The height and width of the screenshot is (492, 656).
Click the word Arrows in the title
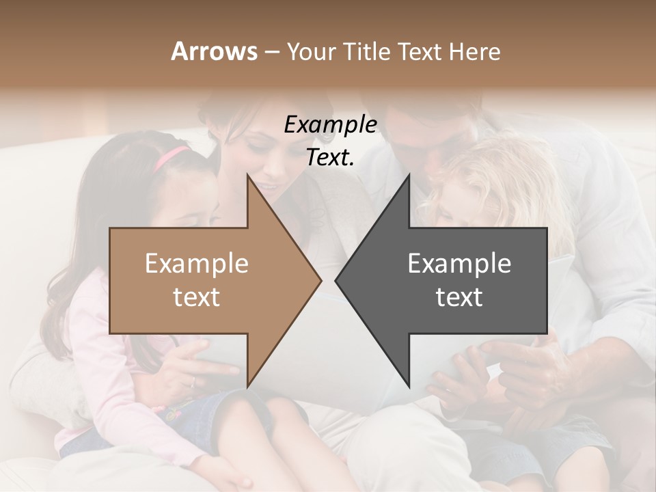click(214, 51)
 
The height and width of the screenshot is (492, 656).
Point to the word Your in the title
click(312, 52)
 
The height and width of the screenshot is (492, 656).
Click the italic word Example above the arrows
click(330, 125)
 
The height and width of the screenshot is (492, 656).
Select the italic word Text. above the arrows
click(330, 157)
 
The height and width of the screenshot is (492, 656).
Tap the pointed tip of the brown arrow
click(320, 280)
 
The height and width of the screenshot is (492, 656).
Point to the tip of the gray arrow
click(336, 280)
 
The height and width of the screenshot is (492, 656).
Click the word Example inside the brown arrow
click(197, 264)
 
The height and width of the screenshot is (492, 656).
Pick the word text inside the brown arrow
click(197, 297)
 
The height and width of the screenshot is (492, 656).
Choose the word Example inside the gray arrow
click(459, 264)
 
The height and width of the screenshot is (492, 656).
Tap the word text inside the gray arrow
click(459, 297)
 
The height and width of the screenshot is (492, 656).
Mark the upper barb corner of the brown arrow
click(247, 175)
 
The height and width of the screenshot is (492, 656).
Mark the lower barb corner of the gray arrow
click(409, 386)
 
